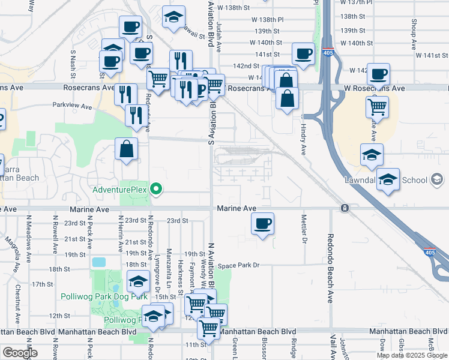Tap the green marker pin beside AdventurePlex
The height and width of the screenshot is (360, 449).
157,190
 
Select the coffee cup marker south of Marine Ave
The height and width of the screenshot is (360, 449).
262,224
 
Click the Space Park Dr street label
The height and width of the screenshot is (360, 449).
238,265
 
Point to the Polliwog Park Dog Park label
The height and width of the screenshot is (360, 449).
104,296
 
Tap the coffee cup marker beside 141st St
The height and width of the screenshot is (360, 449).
303,53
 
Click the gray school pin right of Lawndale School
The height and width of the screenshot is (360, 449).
438,179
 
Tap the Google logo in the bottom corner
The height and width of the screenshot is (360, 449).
19,353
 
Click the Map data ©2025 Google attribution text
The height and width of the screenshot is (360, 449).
412,355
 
